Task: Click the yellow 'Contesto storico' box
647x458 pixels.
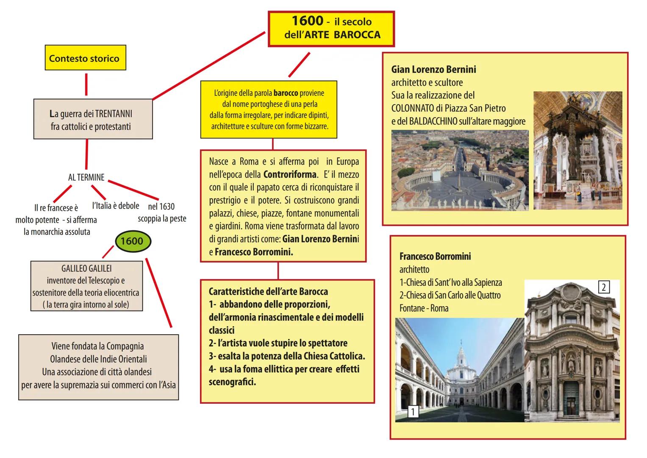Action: point(85,58)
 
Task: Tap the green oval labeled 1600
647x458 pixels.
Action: point(132,241)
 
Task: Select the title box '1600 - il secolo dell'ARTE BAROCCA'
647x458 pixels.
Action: point(331,28)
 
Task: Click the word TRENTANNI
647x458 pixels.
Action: point(114,114)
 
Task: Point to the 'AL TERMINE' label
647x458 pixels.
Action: point(86,177)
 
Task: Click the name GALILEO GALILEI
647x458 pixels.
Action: point(86,268)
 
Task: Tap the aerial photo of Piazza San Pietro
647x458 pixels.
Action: point(460,170)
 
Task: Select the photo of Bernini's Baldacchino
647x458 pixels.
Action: point(578,150)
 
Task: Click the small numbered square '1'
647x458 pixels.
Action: point(413,411)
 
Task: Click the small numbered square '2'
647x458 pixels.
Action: point(603,288)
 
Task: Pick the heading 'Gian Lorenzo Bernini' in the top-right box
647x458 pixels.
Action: point(433,70)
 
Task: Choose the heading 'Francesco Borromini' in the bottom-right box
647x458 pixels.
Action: point(435,257)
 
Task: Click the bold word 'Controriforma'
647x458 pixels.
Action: point(289,174)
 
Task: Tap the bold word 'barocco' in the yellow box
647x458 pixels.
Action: point(286,93)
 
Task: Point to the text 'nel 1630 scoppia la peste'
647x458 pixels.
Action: point(162,212)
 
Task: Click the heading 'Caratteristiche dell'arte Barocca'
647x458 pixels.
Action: point(268,292)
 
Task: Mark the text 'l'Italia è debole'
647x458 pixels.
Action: point(116,206)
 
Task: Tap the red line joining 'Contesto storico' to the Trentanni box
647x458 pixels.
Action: point(86,85)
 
